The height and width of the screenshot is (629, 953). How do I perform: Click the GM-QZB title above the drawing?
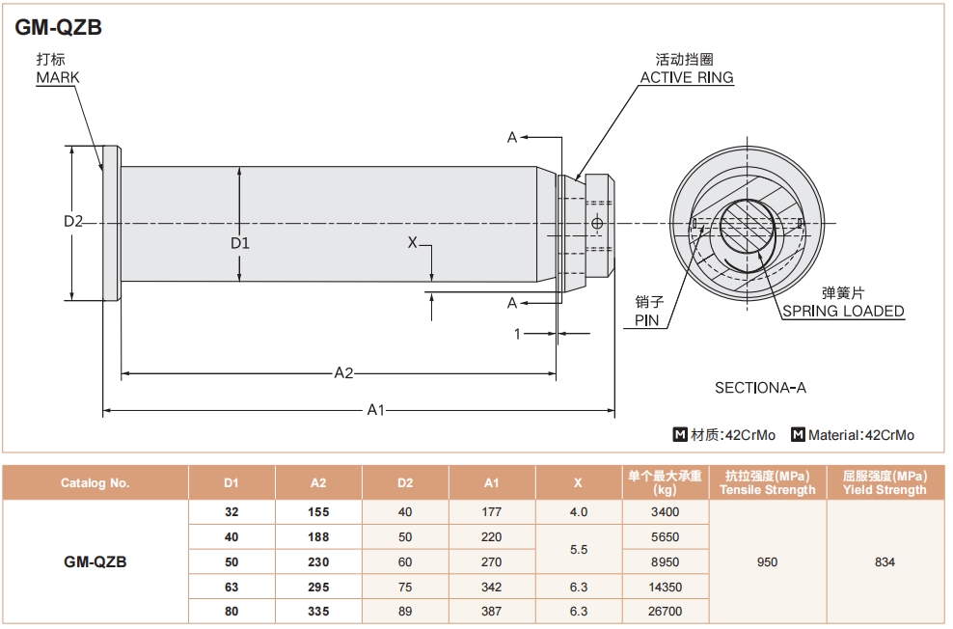[59, 28]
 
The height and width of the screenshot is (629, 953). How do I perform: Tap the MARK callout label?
[58, 77]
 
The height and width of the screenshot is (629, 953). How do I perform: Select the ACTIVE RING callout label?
[686, 77]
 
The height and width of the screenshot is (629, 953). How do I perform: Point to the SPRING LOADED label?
[843, 311]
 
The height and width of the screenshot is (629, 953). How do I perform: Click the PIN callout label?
[646, 319]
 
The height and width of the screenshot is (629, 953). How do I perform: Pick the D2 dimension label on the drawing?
[74, 222]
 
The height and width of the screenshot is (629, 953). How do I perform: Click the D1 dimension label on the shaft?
[239, 243]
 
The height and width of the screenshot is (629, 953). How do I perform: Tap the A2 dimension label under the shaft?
[343, 372]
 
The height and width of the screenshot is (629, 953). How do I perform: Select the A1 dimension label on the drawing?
[376, 410]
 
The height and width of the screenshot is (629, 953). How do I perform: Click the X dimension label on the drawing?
[412, 242]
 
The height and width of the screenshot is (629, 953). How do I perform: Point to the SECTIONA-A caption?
[760, 388]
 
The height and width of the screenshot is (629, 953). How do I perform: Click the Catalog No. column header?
[95, 482]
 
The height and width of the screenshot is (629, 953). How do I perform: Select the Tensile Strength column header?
[767, 482]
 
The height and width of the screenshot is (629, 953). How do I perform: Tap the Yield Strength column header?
[885, 482]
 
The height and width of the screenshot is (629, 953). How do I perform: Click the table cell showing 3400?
[666, 512]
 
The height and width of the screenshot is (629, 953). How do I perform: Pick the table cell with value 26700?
[666, 612]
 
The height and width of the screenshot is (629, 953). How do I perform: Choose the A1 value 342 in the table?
[491, 587]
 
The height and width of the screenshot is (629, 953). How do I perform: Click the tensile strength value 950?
[767, 561]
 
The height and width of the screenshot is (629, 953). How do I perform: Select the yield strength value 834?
[885, 561]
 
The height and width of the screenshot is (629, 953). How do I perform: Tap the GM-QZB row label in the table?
[95, 561]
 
